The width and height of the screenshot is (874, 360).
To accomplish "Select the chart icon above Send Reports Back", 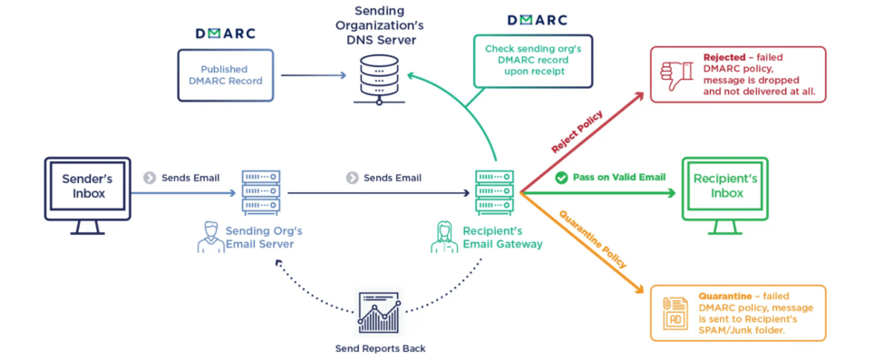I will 379,312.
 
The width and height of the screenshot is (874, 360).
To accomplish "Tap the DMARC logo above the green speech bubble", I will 537,20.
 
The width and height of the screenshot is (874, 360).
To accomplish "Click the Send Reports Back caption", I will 379,348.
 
